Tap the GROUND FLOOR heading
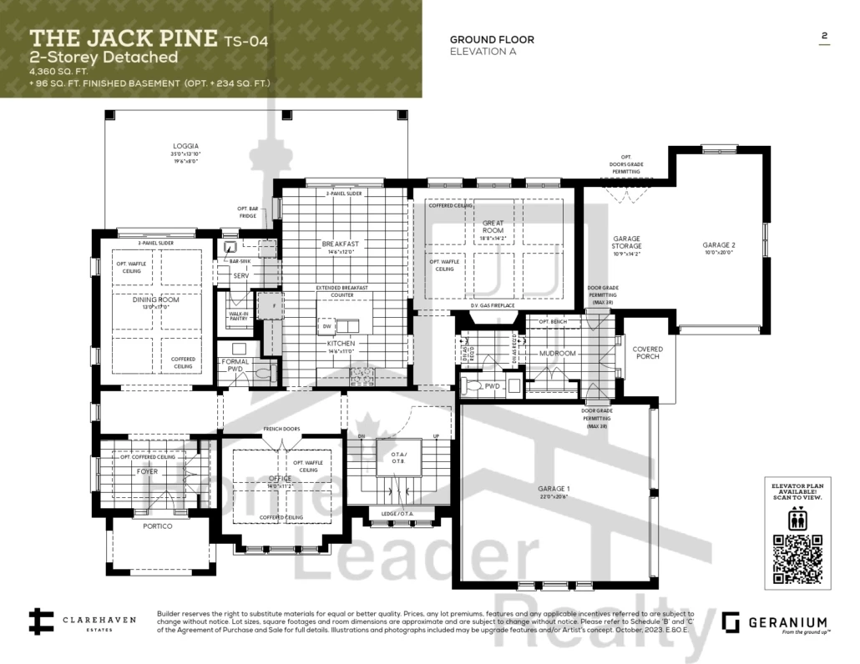tap(492, 39)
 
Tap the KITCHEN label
tap(341, 344)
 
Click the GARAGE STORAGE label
tap(626, 242)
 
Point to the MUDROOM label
tap(558, 353)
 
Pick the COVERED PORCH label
tap(648, 353)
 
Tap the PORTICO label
tap(157, 526)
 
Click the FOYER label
tap(147, 471)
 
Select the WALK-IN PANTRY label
tap(238, 317)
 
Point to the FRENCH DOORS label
tap(281, 429)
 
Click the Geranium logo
tap(774, 623)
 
